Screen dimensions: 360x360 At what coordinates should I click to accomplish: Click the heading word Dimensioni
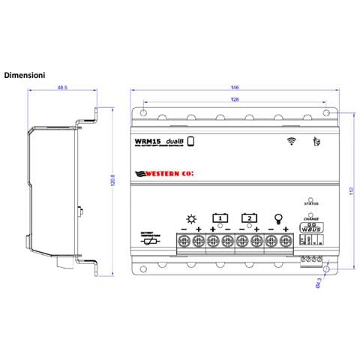click(27, 75)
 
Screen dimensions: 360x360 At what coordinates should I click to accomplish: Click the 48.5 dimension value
click(61, 88)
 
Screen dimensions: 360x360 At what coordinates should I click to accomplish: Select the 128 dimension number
click(235, 99)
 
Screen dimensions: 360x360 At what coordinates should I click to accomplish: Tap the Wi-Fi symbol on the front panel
click(291, 140)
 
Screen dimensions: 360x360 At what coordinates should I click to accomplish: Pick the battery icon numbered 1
click(219, 218)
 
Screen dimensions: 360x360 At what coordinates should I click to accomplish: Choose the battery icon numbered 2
click(249, 218)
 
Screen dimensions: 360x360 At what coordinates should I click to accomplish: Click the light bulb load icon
click(278, 219)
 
